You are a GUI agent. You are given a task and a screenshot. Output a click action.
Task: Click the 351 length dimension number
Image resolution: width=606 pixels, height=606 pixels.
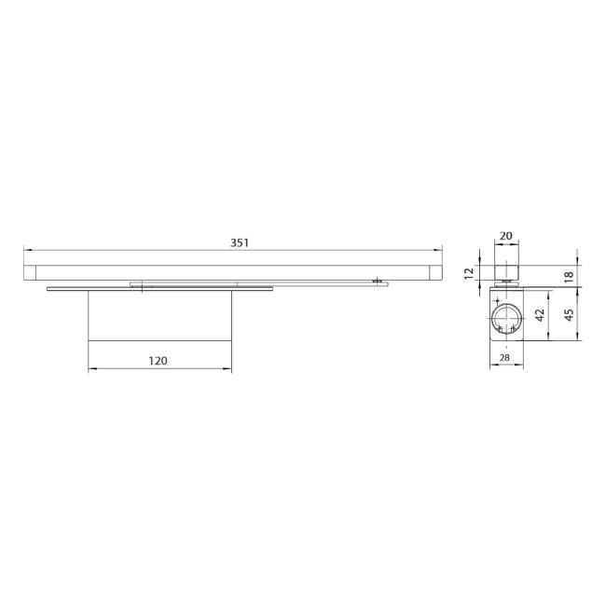240,242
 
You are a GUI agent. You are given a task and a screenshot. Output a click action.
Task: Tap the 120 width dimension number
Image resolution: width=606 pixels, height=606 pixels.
158,361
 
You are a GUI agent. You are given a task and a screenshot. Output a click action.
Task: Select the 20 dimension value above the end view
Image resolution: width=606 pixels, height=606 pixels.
506,236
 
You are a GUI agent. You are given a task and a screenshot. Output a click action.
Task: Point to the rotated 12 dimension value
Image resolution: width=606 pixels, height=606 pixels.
469,273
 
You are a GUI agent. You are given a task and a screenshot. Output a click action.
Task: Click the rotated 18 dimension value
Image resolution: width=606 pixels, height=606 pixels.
569,277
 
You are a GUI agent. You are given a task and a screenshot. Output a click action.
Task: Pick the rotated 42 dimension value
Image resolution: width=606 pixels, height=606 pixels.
541,314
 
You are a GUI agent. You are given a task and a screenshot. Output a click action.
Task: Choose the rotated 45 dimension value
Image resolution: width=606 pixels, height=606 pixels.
569,314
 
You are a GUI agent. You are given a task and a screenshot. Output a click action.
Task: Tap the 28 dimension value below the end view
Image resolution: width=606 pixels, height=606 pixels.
504,358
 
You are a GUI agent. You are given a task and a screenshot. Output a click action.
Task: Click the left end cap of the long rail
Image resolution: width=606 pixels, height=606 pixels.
30,272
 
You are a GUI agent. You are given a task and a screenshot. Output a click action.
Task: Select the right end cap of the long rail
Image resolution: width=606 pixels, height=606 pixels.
435,272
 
